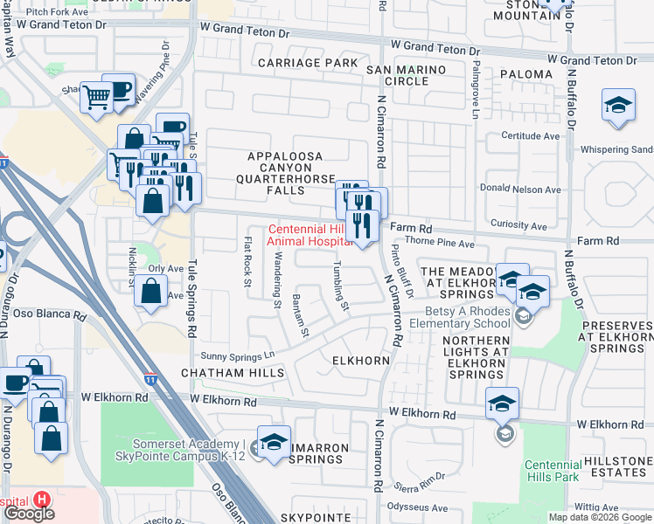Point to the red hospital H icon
click(x=41, y=500)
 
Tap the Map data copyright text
click(x=601, y=517)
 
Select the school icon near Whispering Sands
click(x=618, y=106)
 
